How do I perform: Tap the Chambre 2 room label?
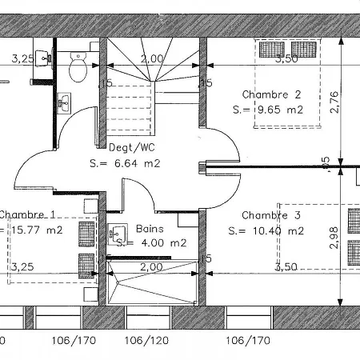click(270, 94)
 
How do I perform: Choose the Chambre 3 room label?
click(270, 215)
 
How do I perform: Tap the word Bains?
click(150, 228)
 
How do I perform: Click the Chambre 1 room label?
click(27, 214)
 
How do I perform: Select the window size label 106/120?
click(147, 340)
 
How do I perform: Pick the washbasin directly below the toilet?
click(65, 102)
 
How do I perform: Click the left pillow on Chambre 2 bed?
click(269, 49)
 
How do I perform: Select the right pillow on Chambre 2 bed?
click(303, 49)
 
